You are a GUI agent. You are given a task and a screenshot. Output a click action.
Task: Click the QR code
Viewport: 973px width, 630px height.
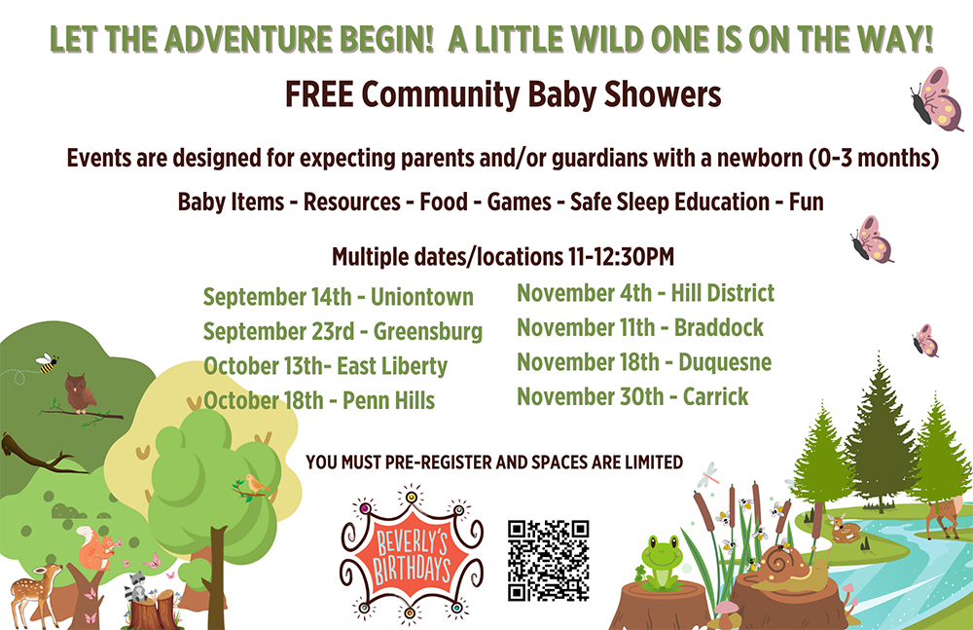pos(548,561)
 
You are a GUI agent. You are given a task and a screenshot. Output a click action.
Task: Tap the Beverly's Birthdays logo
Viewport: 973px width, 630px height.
pos(412,554)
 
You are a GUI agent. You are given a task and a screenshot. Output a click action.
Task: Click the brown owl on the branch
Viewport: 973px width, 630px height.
pos(80,392)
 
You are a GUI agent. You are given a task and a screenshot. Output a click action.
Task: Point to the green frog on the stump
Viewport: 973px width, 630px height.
pos(662,562)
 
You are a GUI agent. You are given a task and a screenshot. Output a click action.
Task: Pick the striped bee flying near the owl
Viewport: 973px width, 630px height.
pos(47,362)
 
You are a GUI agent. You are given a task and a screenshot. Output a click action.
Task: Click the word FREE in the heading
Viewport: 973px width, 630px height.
pos(319,94)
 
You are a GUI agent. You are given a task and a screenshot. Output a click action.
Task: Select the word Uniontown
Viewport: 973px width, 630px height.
pos(422,297)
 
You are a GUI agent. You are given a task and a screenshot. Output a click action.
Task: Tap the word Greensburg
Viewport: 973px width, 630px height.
pos(428,332)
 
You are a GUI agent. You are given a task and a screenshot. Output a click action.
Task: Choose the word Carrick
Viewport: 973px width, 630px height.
pos(715,396)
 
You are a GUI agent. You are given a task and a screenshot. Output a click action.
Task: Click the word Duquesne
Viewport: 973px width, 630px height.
pos(725,362)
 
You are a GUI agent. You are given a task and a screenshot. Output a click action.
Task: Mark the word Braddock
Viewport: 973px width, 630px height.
pos(719,327)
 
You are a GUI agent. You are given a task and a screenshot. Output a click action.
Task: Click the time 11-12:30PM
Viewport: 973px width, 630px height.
pos(621,257)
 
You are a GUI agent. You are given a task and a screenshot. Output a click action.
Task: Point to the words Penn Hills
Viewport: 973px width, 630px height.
pos(388,401)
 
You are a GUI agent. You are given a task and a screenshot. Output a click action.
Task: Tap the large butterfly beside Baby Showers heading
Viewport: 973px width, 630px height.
pos(936,99)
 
